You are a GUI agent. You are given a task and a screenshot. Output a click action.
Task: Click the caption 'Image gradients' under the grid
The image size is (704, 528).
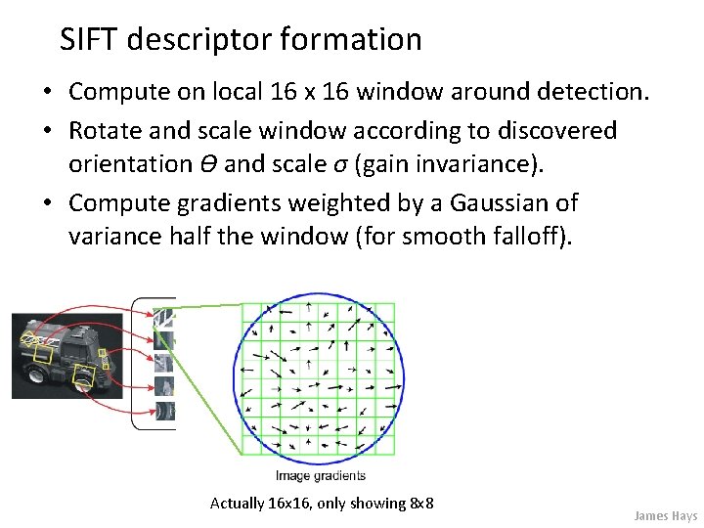pos(320,476)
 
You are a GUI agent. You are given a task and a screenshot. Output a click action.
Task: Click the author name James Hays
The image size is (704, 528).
pos(665,515)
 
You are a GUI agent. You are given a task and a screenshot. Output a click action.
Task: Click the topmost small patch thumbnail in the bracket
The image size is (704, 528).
pos(165,317)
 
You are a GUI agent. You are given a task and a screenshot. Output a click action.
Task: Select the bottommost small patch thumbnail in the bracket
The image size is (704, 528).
pos(164,412)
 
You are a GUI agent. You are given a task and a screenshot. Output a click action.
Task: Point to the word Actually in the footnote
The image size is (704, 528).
pos(238,503)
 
